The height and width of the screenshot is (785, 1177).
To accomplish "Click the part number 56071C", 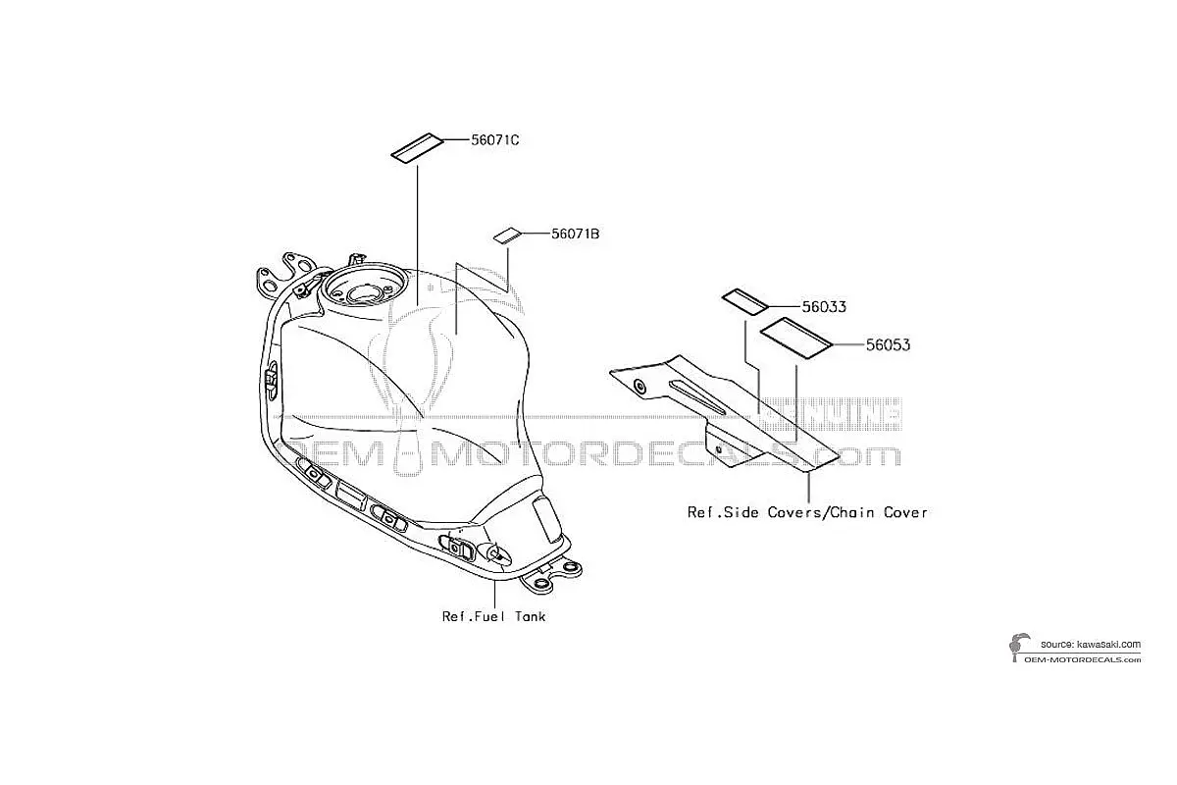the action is pos(495,140).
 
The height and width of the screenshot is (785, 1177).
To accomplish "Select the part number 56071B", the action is pos(576,234).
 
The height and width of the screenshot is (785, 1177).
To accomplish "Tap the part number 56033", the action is pos(824,307).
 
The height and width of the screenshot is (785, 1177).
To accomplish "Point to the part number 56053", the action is pos(888,345).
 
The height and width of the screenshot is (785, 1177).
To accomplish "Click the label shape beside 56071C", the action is pos(417,149).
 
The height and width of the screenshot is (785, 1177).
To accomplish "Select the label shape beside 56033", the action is pos(745,302).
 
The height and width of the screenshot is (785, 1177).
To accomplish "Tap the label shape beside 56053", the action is pos(796,339).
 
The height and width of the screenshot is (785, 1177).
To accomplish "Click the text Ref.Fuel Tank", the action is pos(494,617).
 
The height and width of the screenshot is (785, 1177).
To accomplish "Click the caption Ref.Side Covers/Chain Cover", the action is pos(807,512).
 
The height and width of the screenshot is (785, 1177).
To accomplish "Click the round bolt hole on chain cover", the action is pos(639,387).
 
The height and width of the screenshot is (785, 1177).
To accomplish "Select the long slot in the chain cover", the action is pos(696,396).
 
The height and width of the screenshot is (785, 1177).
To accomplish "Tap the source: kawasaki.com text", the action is pos(1091,644).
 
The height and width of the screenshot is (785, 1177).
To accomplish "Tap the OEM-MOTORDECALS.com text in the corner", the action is pos(1084,659).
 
